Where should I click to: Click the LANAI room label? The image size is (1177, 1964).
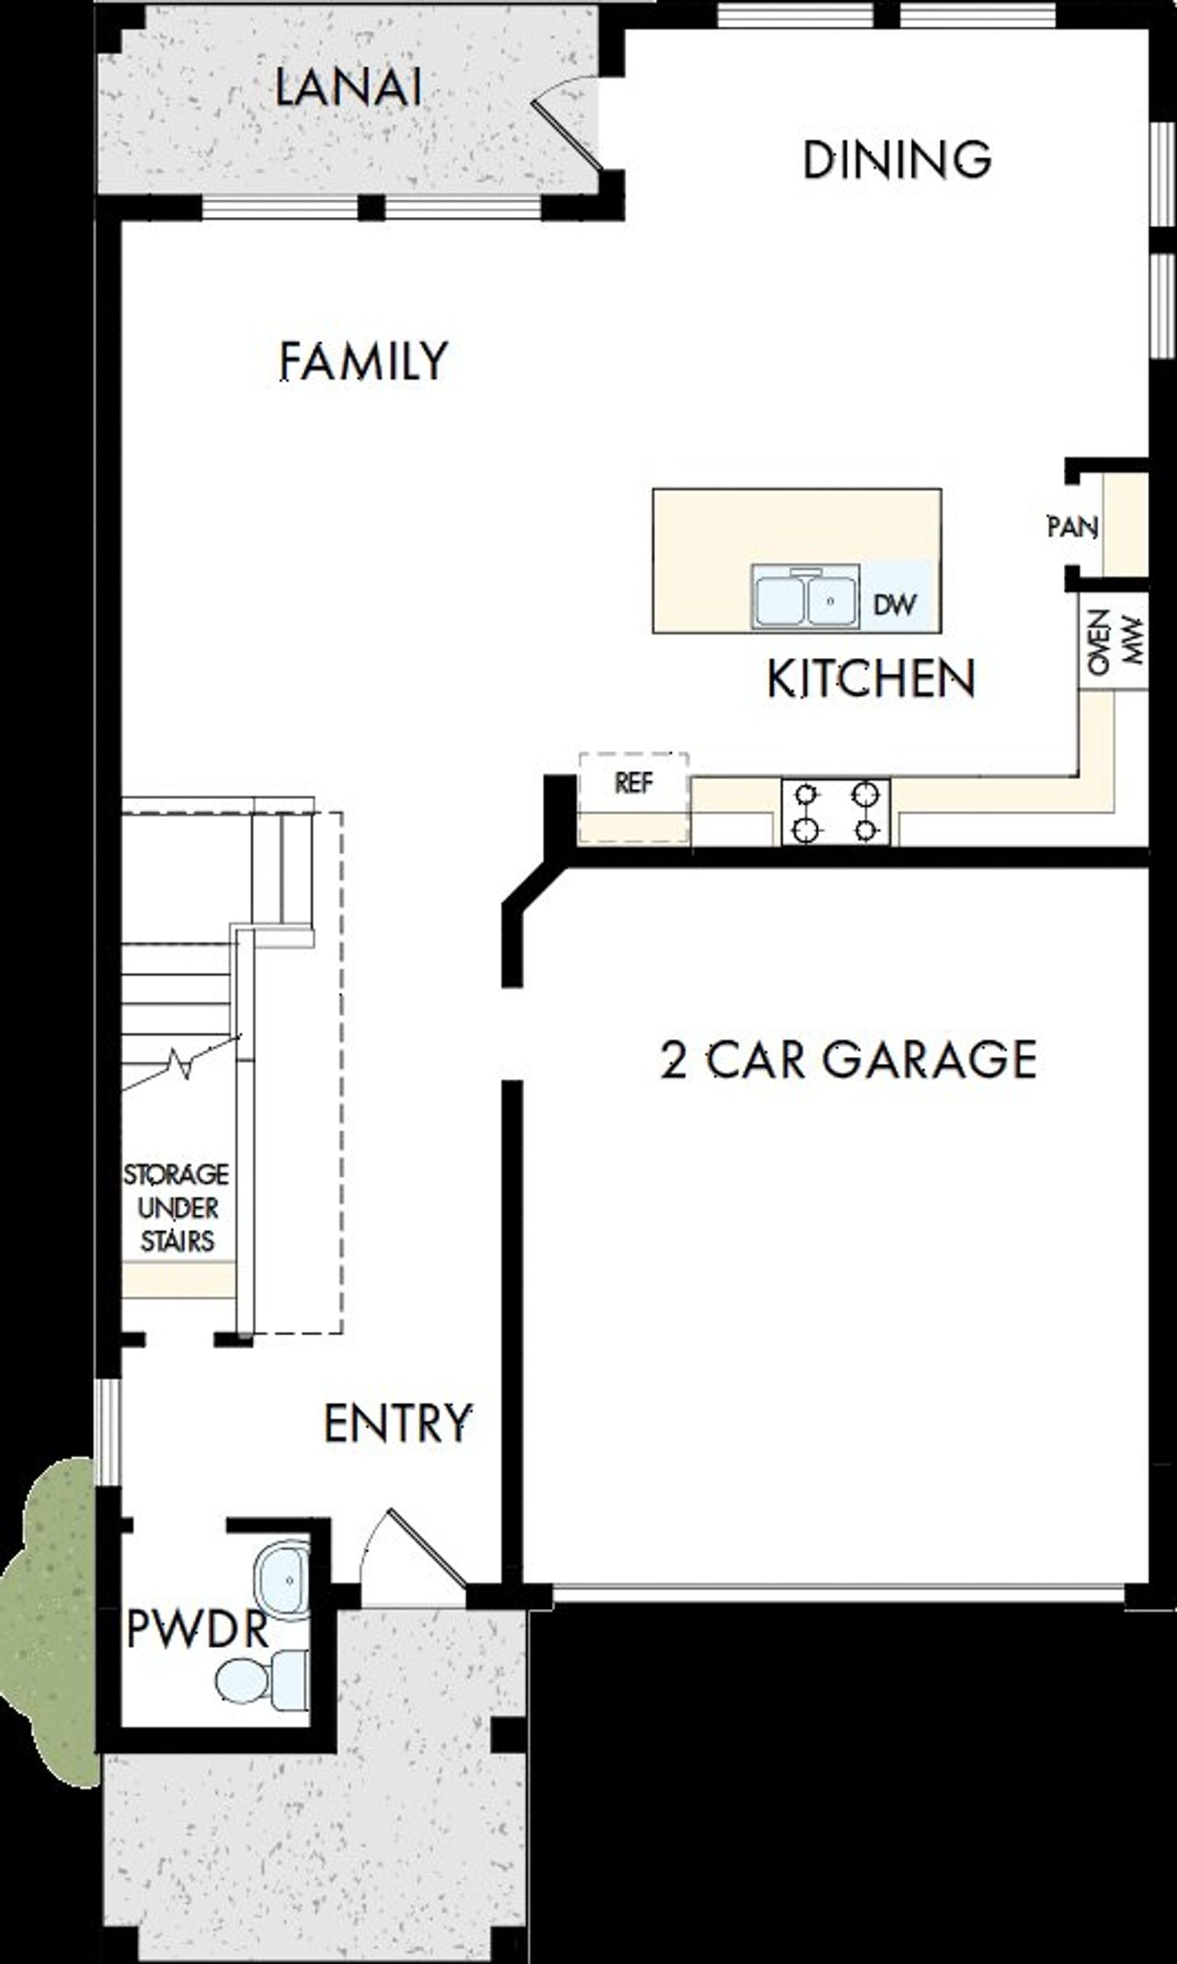coord(349,89)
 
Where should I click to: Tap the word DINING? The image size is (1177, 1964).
coord(897,159)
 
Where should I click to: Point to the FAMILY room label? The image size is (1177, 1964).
coord(363,360)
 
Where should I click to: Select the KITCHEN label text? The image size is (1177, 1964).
coord(870,679)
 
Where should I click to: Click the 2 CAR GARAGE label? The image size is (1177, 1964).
coord(848,1058)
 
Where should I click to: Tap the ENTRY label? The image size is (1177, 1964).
coord(397,1423)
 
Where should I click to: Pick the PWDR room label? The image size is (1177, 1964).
coord(197,1630)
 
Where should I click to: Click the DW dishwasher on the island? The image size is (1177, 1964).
coord(895,604)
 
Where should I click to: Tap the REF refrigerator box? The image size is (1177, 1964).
coord(634,782)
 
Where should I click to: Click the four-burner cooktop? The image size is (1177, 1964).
coord(835,811)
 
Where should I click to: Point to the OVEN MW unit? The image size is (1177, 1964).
coord(1113,640)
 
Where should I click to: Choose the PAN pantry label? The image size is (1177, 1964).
coord(1072,528)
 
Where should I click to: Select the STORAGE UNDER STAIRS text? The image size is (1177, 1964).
coord(177,1208)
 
